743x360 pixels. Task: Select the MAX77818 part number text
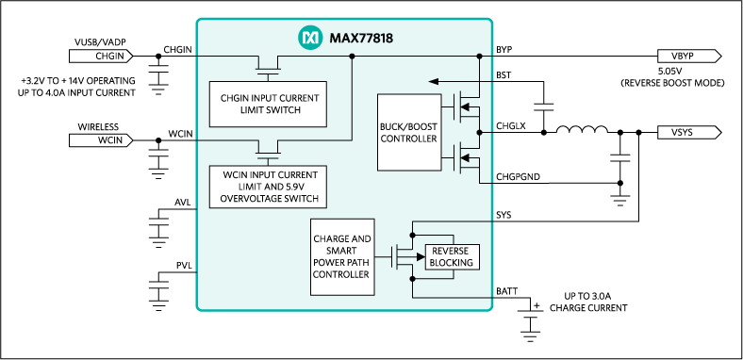pos(360,38)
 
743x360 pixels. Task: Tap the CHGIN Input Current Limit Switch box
pos(268,104)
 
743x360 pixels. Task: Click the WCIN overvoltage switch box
pos(268,187)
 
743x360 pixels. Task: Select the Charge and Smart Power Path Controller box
pos(341,256)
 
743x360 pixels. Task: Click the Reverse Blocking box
pos(453,256)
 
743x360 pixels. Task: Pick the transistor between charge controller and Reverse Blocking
pos(403,254)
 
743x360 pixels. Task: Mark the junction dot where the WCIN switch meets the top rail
pos(352,57)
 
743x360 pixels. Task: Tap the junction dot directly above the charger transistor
pos(412,232)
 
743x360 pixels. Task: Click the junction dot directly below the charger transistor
pos(412,278)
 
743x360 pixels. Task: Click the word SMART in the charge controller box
pos(341,251)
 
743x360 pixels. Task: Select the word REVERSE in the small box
pos(453,251)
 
